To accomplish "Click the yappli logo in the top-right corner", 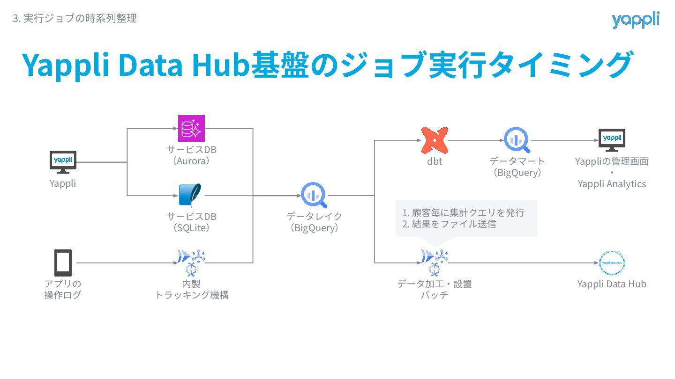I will pyautogui.click(x=635, y=20).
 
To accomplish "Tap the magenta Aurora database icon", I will pyautogui.click(x=191, y=128).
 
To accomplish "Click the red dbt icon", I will pyautogui.click(x=435, y=140).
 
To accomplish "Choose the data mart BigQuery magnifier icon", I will pyautogui.click(x=517, y=140).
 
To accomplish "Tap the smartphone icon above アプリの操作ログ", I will pyautogui.click(x=63, y=263).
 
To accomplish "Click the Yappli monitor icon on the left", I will pyautogui.click(x=63, y=161).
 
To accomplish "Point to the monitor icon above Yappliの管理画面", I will pyautogui.click(x=612, y=140).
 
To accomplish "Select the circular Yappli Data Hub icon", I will pyautogui.click(x=612, y=263).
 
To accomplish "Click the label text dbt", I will pyautogui.click(x=435, y=162).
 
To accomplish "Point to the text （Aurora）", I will pyautogui.click(x=191, y=161).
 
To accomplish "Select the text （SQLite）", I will pyautogui.click(x=191, y=228).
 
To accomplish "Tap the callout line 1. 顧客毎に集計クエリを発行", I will pyautogui.click(x=463, y=213).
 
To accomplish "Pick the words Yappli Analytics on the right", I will pyautogui.click(x=612, y=184).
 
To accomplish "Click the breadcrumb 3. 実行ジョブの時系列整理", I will pyautogui.click(x=75, y=19).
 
